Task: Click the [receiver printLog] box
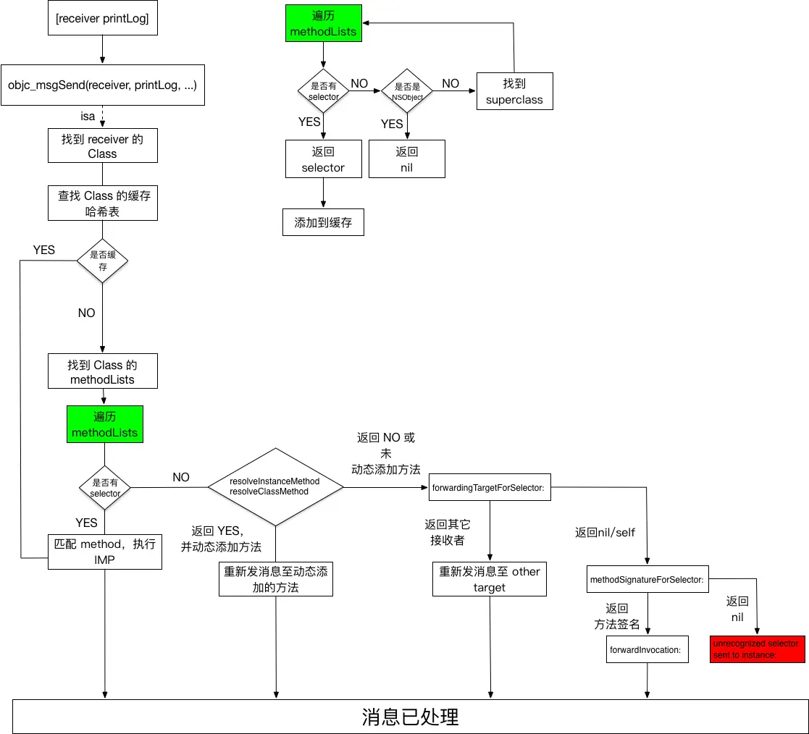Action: click(102, 20)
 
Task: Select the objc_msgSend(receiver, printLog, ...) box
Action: click(102, 85)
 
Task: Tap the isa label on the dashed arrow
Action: click(88, 116)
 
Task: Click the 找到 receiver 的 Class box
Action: click(102, 146)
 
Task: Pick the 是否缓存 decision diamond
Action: click(102, 261)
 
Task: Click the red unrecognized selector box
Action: click(757, 649)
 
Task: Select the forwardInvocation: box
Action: click(647, 649)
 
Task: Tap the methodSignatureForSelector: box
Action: click(647, 580)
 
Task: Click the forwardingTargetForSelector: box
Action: click(489, 488)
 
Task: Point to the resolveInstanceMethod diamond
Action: click(275, 486)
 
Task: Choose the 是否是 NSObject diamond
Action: click(407, 90)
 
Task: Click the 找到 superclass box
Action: click(514, 91)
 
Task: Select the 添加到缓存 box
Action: click(323, 223)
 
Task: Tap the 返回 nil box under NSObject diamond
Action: click(406, 159)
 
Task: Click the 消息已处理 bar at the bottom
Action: click(410, 717)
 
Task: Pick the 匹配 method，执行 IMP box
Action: click(105, 552)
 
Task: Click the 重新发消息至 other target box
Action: click(490, 579)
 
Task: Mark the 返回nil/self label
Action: click(605, 532)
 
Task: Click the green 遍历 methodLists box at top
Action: click(323, 23)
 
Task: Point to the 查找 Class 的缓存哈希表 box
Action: click(102, 203)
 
